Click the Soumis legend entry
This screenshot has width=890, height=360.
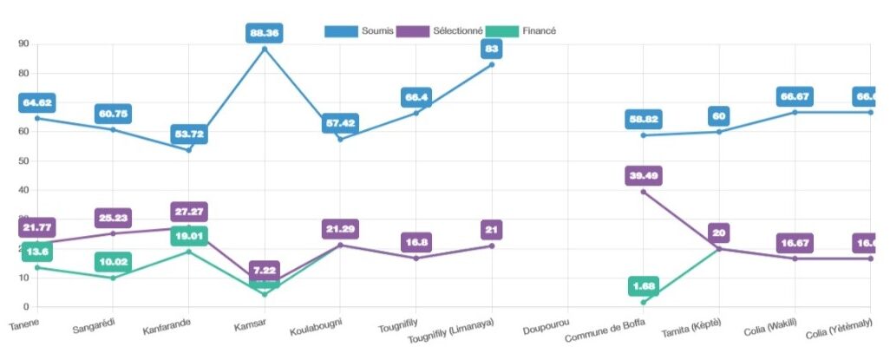[359, 30]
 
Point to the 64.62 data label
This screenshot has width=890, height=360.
[37, 102]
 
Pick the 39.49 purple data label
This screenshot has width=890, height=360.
[644, 176]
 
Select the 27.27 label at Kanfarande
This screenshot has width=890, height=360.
[189, 212]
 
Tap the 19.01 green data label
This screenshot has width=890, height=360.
[189, 235]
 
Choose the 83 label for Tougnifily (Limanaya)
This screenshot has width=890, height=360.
[492, 49]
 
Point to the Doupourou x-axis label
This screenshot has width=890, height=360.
[546, 330]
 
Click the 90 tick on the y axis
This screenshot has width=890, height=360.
[23, 44]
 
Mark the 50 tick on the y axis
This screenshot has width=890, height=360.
[23, 161]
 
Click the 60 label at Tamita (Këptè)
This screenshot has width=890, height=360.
[719, 115]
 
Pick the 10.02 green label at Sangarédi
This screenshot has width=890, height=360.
[113, 262]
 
